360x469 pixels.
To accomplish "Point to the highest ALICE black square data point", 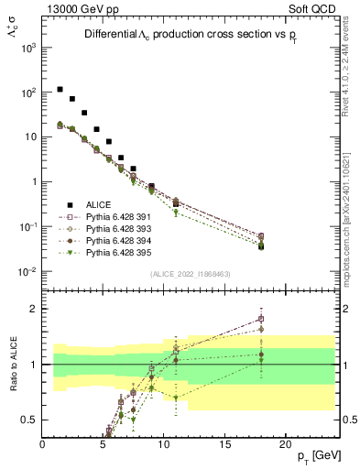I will pos(60,90).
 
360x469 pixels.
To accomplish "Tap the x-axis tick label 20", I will pos(285,444).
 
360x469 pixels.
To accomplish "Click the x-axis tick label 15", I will pos(224,444).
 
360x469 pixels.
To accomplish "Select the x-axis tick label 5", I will pos(104,444).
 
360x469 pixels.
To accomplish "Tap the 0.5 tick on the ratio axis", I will pos(30,420).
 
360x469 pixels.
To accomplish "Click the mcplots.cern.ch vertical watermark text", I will pos(351,211).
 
